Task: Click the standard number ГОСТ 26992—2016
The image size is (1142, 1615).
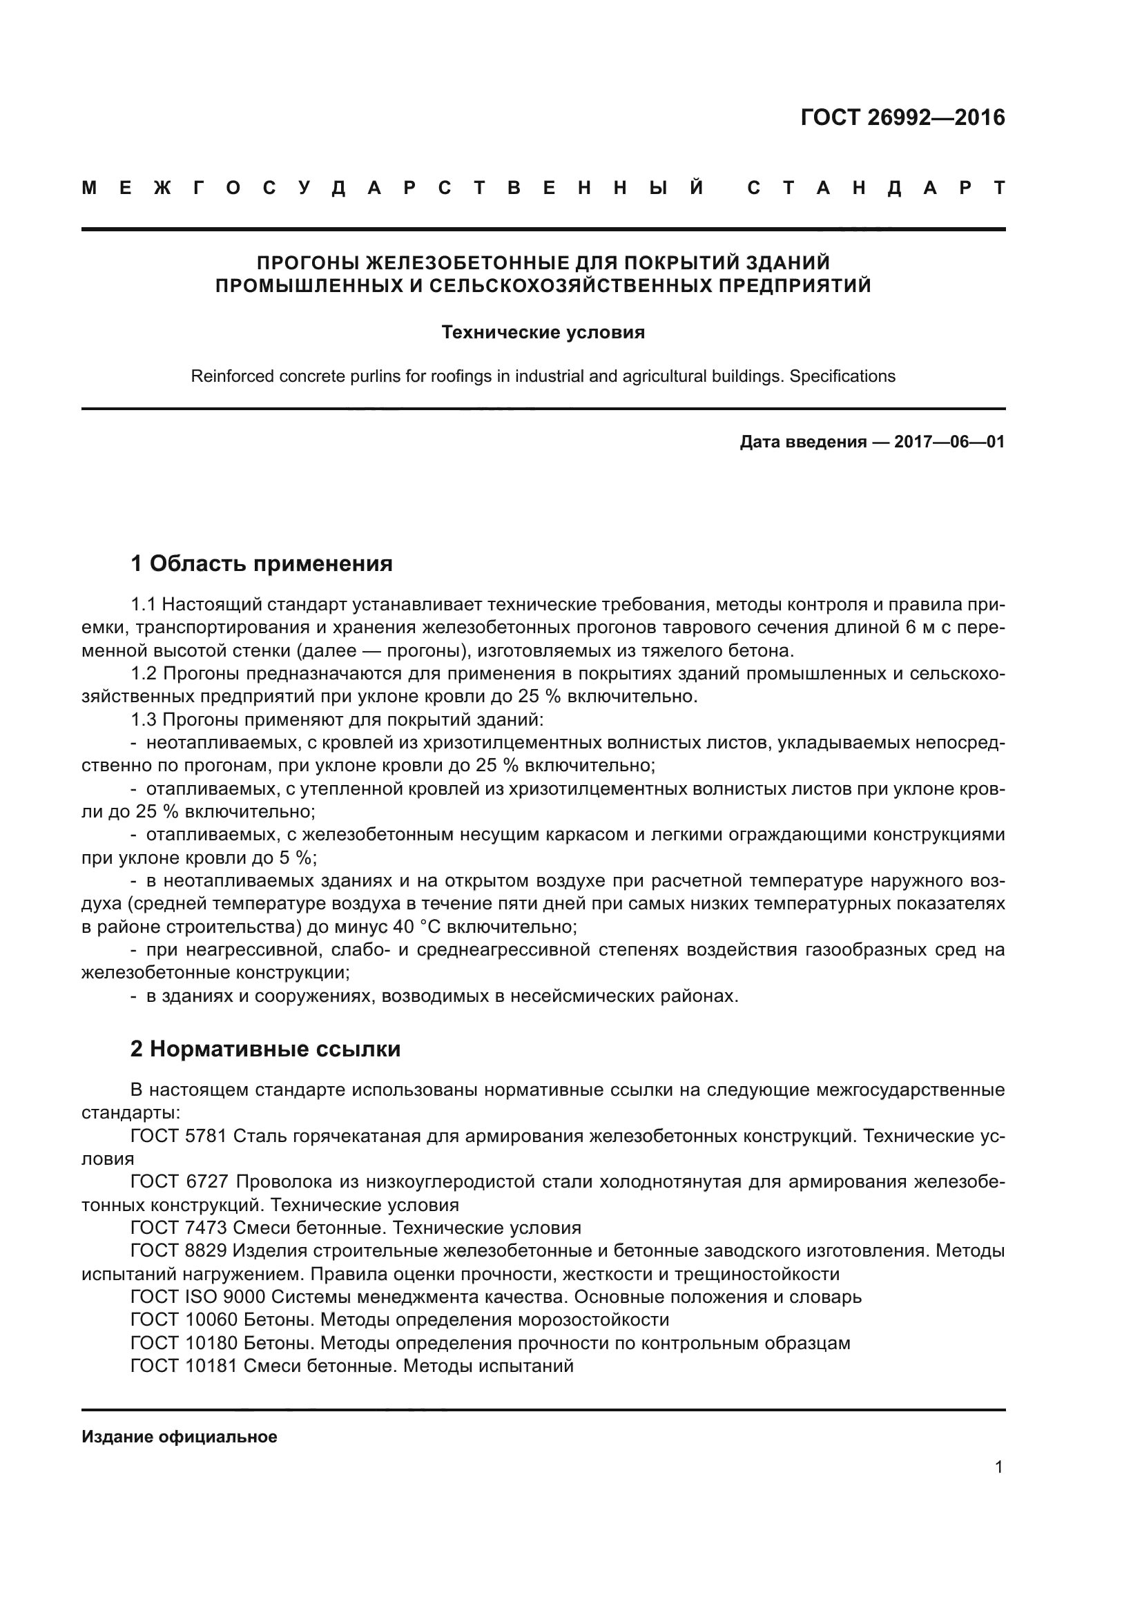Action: coord(902,117)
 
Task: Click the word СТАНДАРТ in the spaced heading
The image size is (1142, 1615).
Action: coord(875,188)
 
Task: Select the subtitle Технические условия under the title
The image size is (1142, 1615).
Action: coord(543,332)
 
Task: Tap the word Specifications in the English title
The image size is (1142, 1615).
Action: coord(842,376)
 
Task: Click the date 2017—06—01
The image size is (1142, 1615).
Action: coord(949,442)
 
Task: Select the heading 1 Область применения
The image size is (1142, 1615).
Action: coord(262,563)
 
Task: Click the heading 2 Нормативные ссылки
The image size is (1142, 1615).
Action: coord(265,1049)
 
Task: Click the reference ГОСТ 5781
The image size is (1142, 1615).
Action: coord(178,1136)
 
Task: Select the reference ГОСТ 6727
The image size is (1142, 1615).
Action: coord(178,1181)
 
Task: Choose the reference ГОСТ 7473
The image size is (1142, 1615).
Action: coord(178,1228)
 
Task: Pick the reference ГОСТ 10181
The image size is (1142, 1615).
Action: coord(184,1365)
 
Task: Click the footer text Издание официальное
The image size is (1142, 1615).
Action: coord(180,1437)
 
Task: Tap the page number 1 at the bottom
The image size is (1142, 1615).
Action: coord(998,1467)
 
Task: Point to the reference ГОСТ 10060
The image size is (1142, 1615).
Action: coord(184,1319)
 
